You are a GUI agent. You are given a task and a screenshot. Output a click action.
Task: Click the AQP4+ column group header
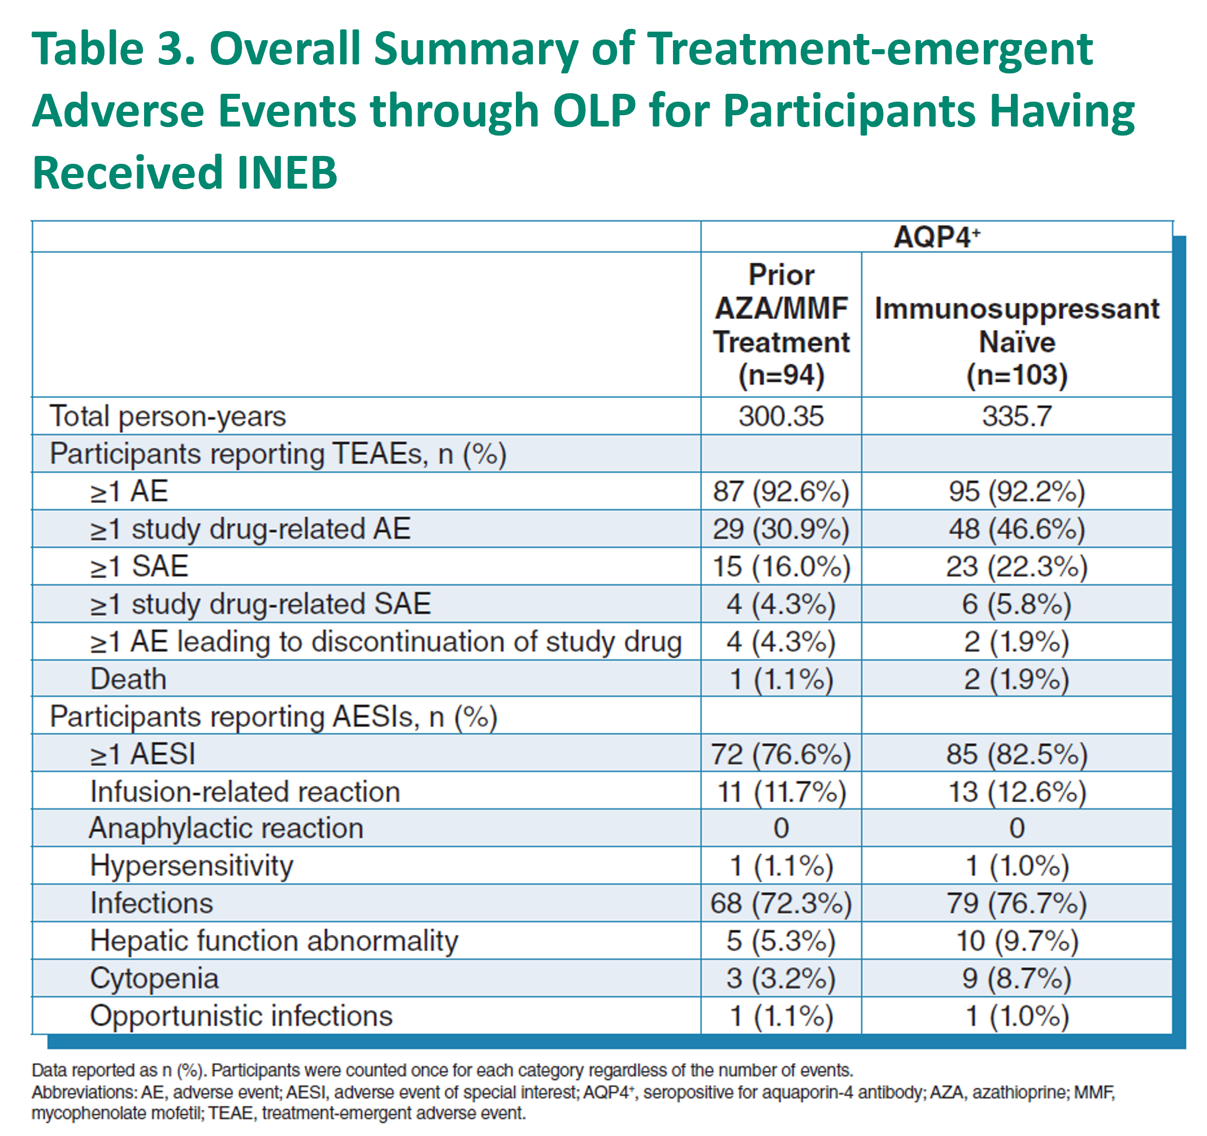937,237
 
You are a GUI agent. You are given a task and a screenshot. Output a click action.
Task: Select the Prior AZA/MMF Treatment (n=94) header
781,325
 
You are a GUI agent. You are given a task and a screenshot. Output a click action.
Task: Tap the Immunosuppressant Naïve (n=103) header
1017,342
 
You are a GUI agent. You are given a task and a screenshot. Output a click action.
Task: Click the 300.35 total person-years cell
781,416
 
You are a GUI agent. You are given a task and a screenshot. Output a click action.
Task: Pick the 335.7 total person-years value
1017,416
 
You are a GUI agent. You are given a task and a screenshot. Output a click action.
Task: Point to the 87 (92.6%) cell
781,491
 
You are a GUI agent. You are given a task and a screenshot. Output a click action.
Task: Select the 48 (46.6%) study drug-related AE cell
1017,529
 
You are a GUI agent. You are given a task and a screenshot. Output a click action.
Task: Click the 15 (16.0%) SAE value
781,567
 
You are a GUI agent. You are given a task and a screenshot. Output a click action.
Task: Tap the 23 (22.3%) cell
1017,567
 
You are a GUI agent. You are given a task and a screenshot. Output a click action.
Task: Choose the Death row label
128,679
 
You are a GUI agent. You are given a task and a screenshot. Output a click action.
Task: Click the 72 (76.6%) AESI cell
781,754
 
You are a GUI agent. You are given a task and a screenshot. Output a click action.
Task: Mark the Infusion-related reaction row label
245,792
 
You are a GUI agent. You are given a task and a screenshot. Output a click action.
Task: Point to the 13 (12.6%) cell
1017,792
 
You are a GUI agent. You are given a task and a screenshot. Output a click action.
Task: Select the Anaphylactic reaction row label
227,828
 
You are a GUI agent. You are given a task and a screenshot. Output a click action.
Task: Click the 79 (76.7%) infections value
1017,904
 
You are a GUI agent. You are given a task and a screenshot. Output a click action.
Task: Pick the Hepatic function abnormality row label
274,941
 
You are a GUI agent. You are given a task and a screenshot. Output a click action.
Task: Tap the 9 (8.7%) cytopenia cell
1017,979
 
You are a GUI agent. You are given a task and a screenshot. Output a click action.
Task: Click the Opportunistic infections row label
242,1016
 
